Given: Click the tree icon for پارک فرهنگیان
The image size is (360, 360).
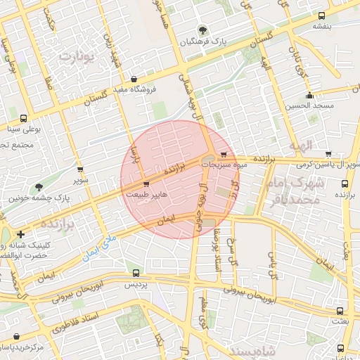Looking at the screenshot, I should point(203,30).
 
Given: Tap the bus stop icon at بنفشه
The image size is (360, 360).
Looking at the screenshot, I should point(322,15).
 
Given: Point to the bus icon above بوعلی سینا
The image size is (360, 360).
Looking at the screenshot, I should point(24,118).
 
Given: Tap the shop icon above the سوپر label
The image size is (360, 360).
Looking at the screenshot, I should point(81,169).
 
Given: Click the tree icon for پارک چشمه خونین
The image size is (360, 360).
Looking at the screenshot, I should point(38,187).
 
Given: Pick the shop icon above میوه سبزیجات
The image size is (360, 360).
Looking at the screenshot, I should point(224,154).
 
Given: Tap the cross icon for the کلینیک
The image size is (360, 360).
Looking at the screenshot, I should point(21,234).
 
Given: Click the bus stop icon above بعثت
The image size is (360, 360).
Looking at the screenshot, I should point(340,310).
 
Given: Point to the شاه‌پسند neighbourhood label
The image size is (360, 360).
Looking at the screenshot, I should point(239,349).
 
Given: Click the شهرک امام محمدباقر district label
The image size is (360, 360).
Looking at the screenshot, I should point(294,191).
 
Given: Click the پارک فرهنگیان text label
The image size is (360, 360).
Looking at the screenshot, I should point(204,42).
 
